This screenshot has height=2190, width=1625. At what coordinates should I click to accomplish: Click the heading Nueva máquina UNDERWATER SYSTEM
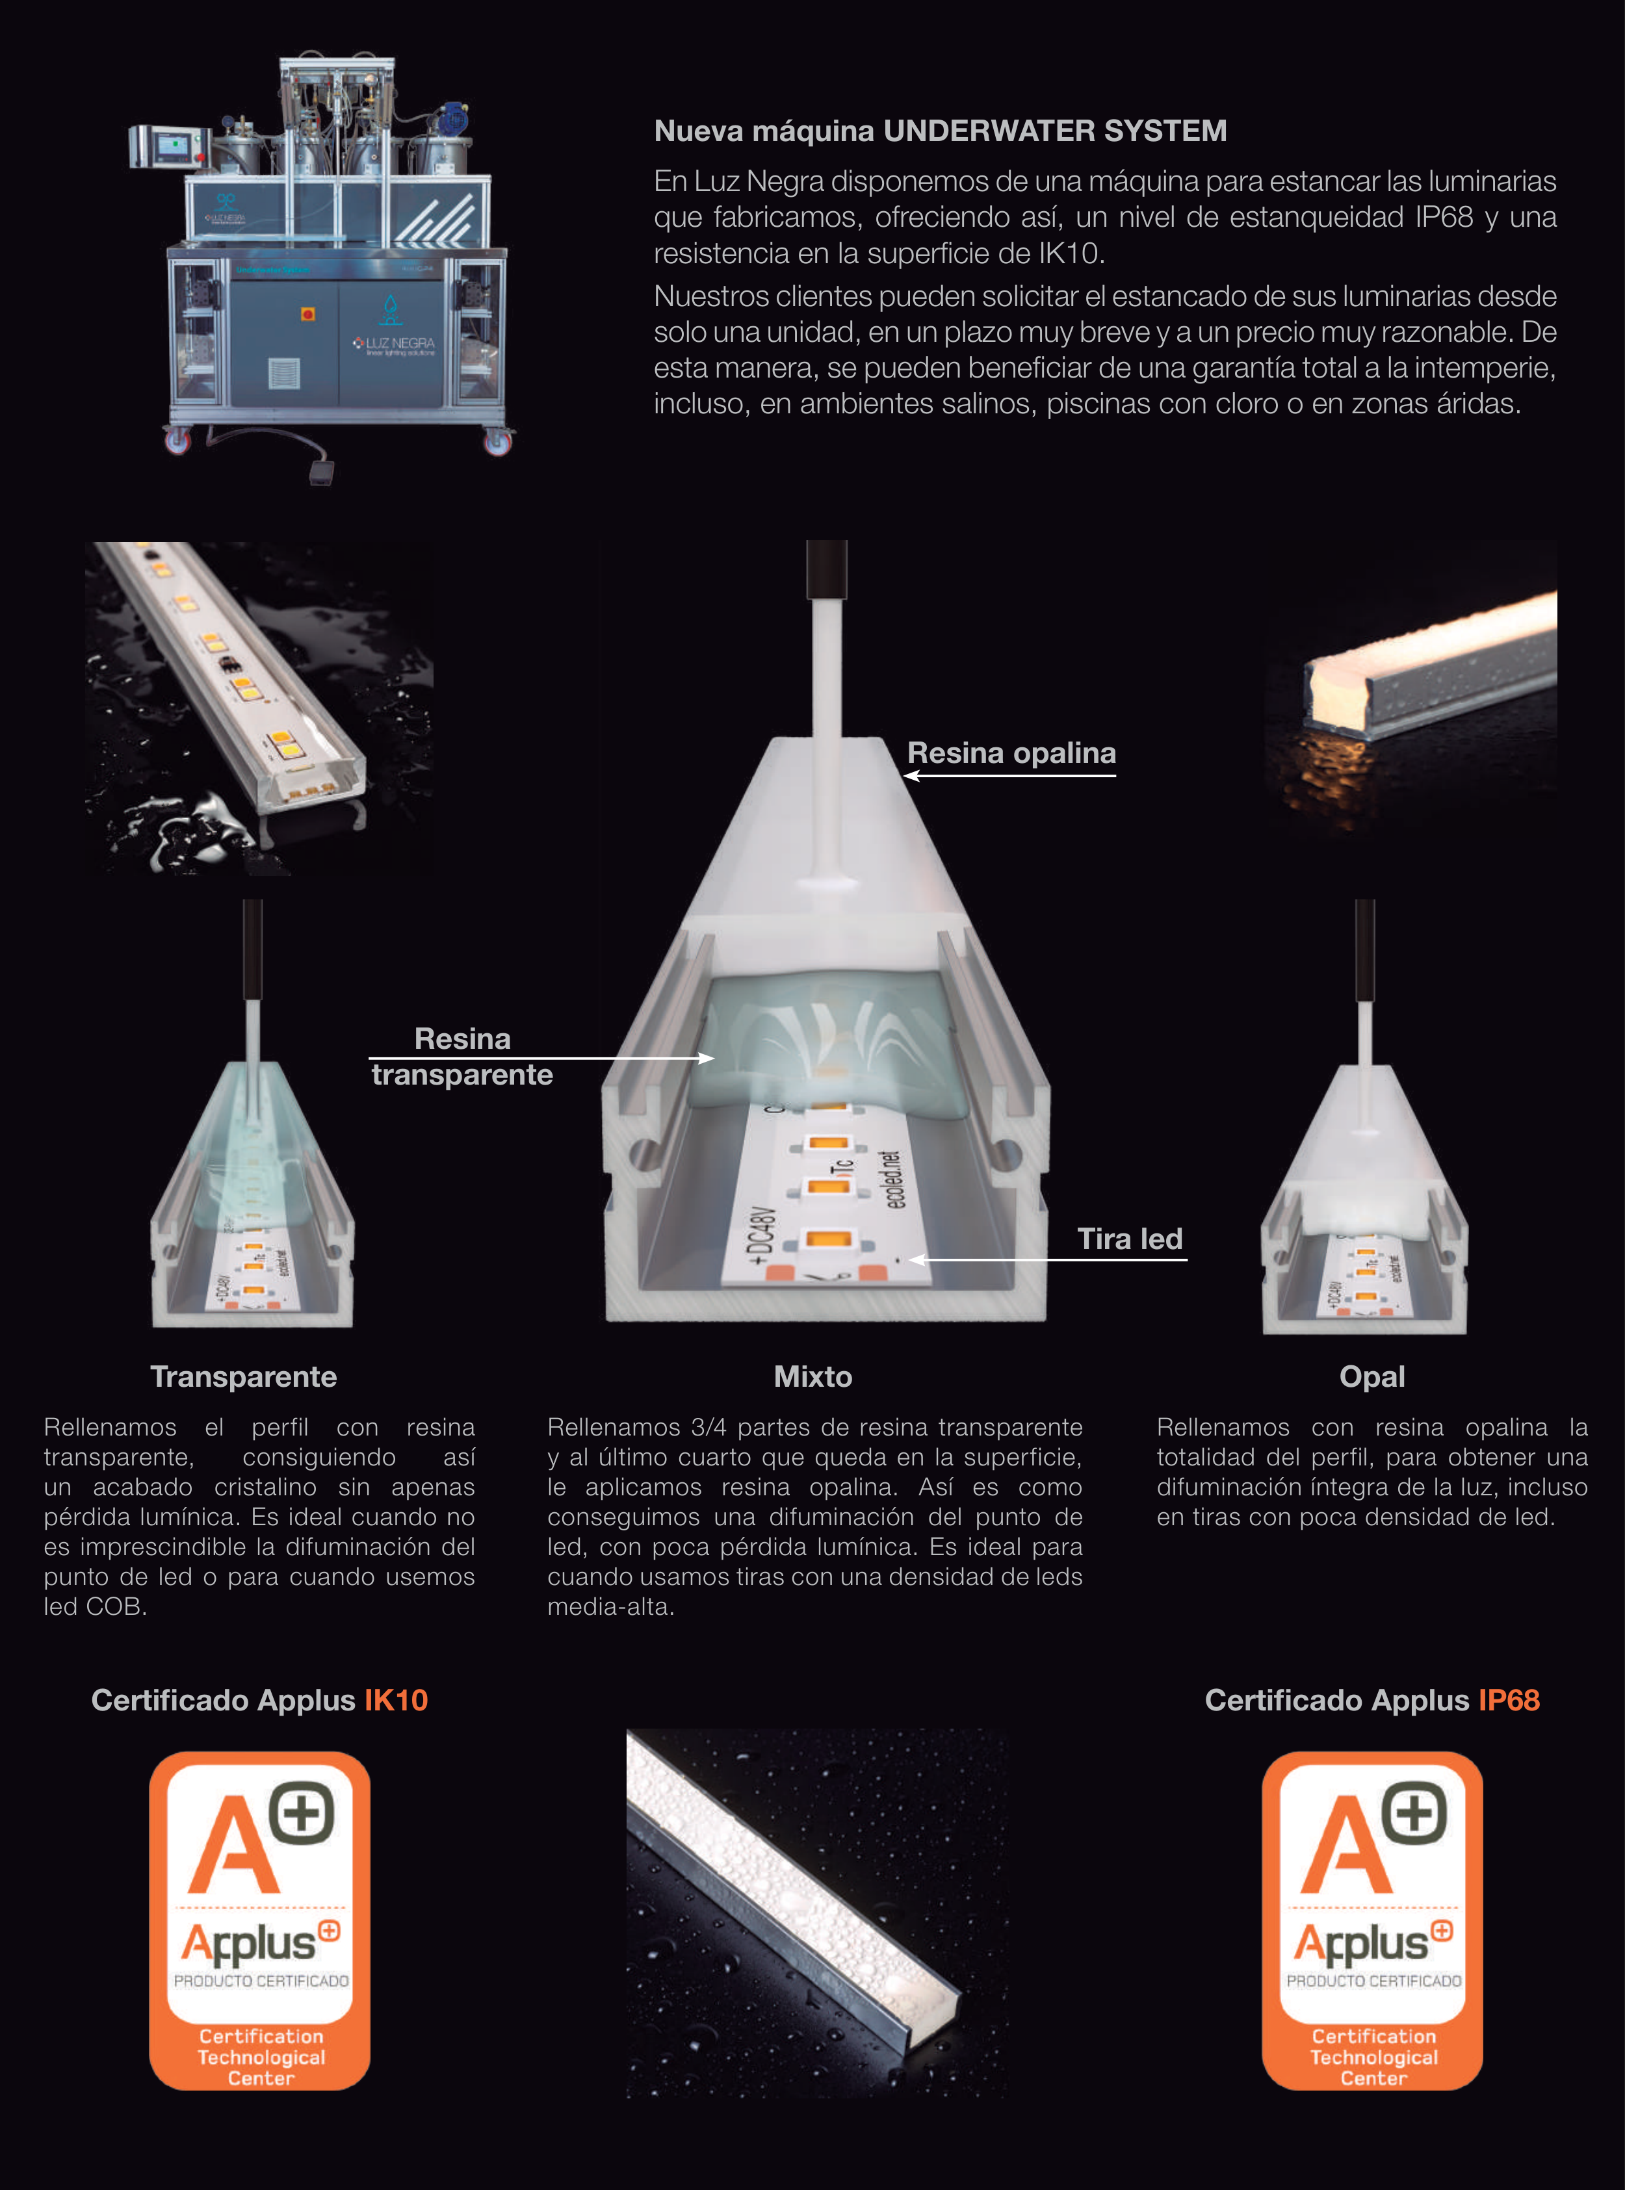[x=941, y=131]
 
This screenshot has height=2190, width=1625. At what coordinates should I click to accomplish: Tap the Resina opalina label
[x=1011, y=753]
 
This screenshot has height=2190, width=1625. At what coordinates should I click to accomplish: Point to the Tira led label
[x=1129, y=1239]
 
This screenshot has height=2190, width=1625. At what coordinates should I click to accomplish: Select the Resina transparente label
[x=462, y=1056]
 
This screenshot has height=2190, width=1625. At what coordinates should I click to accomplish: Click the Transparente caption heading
[x=243, y=1377]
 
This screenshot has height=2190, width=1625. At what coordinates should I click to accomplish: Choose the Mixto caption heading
[x=812, y=1377]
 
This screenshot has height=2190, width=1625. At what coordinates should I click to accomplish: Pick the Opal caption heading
[x=1372, y=1377]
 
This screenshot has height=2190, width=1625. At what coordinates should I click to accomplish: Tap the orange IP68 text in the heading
[x=1509, y=1700]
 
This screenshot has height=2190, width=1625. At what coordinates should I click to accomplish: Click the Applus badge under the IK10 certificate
[x=260, y=1920]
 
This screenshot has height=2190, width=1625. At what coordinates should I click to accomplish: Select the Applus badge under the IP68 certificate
[x=1372, y=1920]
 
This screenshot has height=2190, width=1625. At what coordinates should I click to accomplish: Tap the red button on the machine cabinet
[x=307, y=314]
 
